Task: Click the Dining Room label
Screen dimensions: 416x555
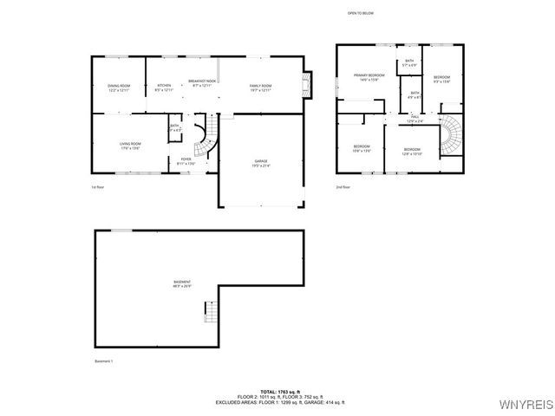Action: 119,88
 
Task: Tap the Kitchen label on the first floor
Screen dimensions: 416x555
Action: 164,88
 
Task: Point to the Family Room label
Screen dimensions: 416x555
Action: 260,88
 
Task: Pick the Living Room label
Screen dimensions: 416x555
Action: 130,145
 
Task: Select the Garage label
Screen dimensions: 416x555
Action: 260,163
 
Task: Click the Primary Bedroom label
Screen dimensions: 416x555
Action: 369,78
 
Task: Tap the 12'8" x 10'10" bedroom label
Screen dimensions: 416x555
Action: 412,151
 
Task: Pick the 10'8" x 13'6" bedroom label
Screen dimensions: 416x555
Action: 362,148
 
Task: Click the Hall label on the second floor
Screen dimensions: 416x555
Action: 415,118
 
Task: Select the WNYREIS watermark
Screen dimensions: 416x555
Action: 526,404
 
